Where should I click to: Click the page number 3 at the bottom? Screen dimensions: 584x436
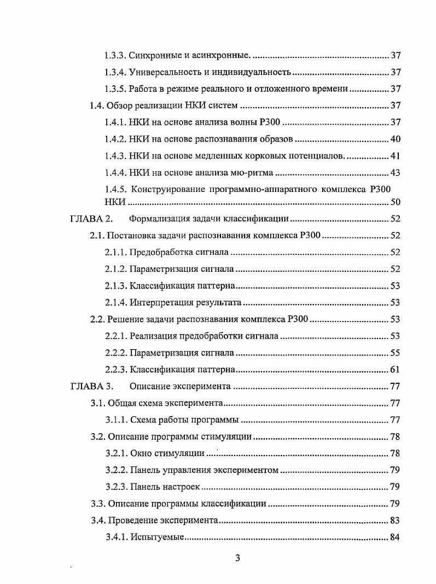pyautogui.click(x=237, y=558)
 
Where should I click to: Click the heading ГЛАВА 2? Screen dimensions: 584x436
pyautogui.click(x=91, y=219)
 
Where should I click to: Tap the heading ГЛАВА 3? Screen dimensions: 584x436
pyautogui.click(x=91, y=387)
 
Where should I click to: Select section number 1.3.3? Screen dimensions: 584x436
pyautogui.click(x=115, y=56)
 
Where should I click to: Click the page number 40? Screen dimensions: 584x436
pyautogui.click(x=395, y=139)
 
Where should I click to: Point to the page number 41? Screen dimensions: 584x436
pyautogui.click(x=395, y=156)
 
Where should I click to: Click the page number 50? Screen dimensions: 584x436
pyautogui.click(x=395, y=202)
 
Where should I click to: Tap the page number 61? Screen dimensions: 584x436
pyautogui.click(x=395, y=370)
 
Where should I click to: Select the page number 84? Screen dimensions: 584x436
pyautogui.click(x=395, y=537)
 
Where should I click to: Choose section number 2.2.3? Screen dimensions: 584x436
pyautogui.click(x=116, y=370)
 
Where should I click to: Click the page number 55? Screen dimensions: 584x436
pyautogui.click(x=395, y=353)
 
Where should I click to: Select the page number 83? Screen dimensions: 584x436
pyautogui.click(x=395, y=520)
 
